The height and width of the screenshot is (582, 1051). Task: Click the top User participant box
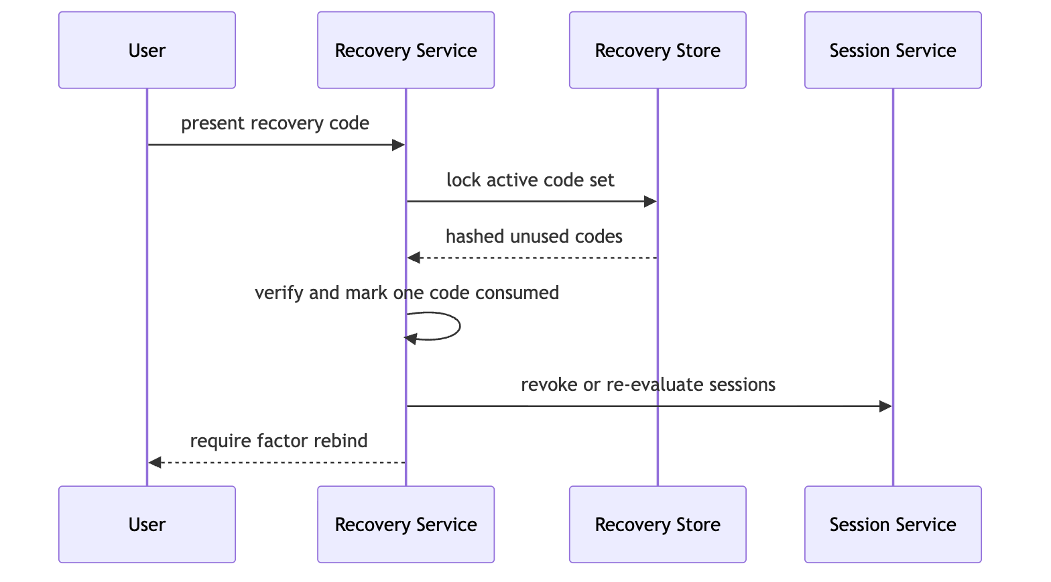[147, 50]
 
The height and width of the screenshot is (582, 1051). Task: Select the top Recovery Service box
[406, 50]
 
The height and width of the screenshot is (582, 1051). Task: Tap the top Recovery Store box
[658, 50]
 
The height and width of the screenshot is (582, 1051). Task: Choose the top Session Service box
[893, 50]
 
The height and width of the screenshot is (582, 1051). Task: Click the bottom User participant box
[147, 524]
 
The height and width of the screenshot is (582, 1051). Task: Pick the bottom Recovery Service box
[406, 524]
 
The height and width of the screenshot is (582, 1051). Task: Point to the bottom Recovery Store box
[658, 524]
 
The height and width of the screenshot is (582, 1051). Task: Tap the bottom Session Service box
[893, 524]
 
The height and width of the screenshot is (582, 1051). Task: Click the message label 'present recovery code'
[275, 123]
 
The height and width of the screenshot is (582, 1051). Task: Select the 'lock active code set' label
[530, 180]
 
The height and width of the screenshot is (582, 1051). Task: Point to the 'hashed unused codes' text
[534, 237]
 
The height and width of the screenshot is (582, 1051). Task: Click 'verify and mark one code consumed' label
[407, 293]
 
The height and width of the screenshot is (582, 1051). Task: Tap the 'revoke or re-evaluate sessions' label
[648, 385]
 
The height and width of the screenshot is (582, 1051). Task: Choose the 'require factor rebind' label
[279, 441]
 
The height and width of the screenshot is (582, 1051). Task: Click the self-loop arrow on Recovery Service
[460, 326]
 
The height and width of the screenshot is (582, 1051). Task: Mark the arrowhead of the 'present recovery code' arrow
[398, 145]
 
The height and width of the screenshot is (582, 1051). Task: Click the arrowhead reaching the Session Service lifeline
[885, 406]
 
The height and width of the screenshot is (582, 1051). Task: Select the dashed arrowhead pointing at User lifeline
[155, 463]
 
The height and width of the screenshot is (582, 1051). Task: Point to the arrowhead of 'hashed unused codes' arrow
[414, 257]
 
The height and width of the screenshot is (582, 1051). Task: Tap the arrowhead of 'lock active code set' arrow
[650, 202]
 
